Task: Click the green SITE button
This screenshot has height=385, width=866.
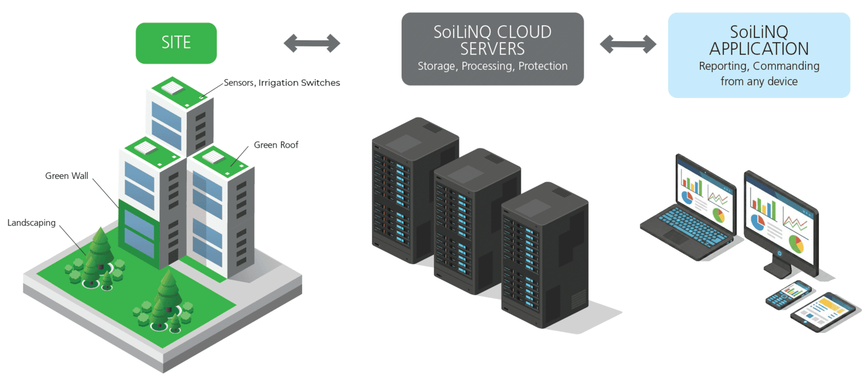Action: click(x=176, y=43)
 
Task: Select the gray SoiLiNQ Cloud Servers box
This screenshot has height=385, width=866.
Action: click(x=492, y=49)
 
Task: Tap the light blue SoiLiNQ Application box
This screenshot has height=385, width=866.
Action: click(x=758, y=55)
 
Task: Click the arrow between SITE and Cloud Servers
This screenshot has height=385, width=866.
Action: click(x=312, y=43)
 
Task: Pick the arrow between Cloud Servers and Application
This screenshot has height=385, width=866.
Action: click(x=628, y=44)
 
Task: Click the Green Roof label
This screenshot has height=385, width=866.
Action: click(x=276, y=145)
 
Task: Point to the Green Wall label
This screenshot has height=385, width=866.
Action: click(x=67, y=176)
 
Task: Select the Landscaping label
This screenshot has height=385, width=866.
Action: click(x=31, y=223)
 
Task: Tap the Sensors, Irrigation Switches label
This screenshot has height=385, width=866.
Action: click(x=281, y=83)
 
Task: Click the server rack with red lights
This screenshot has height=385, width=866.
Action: click(x=544, y=254)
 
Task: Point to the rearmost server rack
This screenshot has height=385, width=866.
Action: click(x=414, y=189)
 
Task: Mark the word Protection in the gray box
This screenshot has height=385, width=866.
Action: click(x=543, y=66)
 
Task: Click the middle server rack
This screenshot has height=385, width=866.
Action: click(x=476, y=222)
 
